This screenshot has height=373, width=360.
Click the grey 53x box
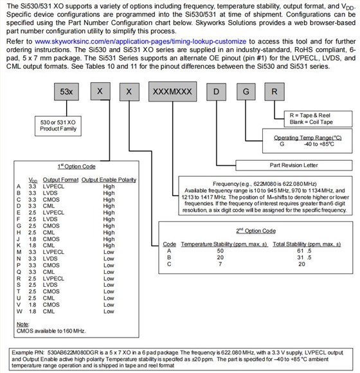66,91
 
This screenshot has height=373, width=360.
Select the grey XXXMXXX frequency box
173,91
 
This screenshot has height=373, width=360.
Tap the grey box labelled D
216,91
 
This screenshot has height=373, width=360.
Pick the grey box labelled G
246,91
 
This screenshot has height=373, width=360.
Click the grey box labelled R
274,91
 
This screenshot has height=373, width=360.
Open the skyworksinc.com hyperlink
141,41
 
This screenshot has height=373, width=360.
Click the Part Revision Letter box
294,165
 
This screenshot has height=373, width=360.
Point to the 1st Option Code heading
76,167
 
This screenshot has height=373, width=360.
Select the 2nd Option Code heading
256,231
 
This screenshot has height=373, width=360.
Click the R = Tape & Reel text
310,115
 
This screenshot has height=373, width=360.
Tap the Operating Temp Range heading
308,138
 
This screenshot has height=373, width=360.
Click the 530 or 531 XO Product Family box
58,126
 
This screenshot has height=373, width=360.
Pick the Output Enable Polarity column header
109,180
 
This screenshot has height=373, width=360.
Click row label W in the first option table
19,311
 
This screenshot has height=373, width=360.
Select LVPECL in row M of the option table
53,252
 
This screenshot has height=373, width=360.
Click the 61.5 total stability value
304,251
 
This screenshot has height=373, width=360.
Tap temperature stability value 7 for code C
221,264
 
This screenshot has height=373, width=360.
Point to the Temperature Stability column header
224,244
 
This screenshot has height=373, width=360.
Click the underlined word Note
22,324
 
